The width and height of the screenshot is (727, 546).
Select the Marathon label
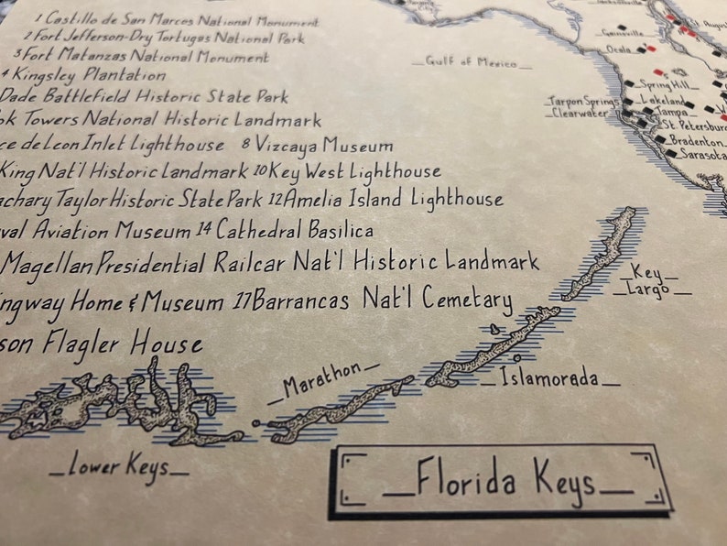click(322, 381)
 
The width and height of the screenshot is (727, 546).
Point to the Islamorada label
click(548, 377)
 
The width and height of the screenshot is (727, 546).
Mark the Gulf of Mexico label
click(477, 62)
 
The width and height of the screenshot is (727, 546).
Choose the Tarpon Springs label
click(583, 101)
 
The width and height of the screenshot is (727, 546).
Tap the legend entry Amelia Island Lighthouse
click(394, 199)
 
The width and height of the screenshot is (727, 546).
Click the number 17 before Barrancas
click(242, 300)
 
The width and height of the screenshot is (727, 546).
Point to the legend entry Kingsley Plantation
click(90, 75)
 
